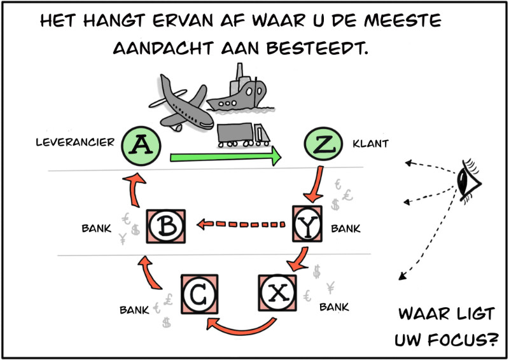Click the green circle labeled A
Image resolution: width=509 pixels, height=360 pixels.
tap(141, 146)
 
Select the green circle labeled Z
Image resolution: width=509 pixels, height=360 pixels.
tap(323, 144)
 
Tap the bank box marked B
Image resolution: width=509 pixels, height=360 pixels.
tap(166, 226)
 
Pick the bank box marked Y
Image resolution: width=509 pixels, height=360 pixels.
tap(307, 224)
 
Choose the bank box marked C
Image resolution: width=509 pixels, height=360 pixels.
tap(199, 294)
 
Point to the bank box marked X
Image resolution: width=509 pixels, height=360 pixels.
tap(277, 293)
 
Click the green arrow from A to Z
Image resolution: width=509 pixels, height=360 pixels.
tap(226, 156)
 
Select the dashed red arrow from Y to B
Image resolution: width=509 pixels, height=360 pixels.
tap(241, 224)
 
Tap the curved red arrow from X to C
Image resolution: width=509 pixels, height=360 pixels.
tap(241, 331)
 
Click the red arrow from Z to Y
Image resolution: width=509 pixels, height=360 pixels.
tap(316, 184)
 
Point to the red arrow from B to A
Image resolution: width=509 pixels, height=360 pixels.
tap(134, 190)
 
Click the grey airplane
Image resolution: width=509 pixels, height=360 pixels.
tap(181, 104)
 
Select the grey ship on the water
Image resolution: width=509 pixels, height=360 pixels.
tap(241, 91)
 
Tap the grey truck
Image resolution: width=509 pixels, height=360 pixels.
tap(244, 135)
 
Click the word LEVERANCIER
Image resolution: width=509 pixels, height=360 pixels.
tap(75, 142)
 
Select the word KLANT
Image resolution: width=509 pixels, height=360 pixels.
tap(371, 144)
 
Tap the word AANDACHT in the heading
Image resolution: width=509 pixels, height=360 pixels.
tap(163, 48)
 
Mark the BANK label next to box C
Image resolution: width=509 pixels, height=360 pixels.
tap(134, 310)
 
